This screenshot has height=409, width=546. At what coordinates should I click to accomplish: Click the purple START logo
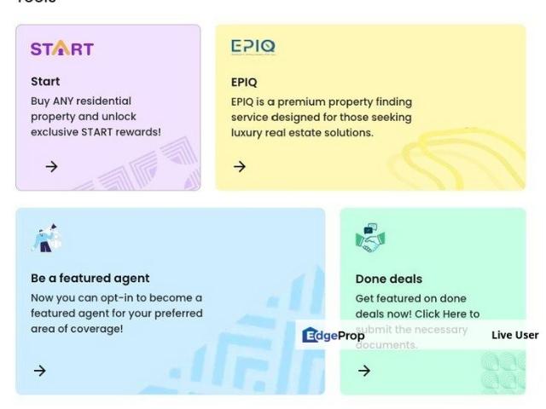61,49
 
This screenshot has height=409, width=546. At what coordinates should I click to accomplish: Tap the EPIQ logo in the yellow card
253,48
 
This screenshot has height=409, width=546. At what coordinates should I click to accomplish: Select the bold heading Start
45,82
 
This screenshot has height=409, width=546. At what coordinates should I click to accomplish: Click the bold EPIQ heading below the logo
244,83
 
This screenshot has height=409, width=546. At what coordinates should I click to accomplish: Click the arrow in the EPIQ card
240,166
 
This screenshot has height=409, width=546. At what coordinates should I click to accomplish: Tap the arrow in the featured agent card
39,371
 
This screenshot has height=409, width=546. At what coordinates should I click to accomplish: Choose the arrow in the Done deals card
364,371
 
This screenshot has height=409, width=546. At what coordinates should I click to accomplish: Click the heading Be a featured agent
90,278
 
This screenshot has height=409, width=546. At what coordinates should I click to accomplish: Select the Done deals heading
388,279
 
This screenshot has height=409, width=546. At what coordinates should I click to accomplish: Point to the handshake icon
370,239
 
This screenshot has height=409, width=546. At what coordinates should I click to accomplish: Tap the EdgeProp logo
333,335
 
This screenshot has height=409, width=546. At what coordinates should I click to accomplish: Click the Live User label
514,335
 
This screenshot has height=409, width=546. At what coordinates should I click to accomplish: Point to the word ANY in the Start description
66,101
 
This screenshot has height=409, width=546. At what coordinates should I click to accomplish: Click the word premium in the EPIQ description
304,101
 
